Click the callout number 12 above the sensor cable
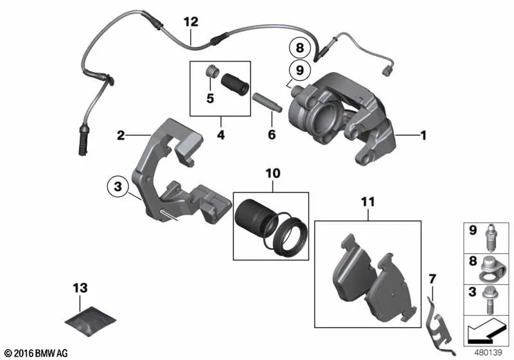[x=191, y=22]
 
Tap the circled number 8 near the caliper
[x=300, y=48]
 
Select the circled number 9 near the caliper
[x=300, y=70]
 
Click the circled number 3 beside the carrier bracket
[x=118, y=186]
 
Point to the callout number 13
[x=80, y=288]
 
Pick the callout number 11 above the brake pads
[x=368, y=202]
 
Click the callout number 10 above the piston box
[x=273, y=173]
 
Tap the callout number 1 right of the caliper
[x=423, y=135]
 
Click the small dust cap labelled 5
[x=211, y=71]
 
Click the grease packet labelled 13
[x=90, y=321]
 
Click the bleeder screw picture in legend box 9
[x=490, y=237]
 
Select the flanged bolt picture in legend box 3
[x=489, y=300]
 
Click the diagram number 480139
[x=488, y=353]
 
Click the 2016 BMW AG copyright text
[x=37, y=353]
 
